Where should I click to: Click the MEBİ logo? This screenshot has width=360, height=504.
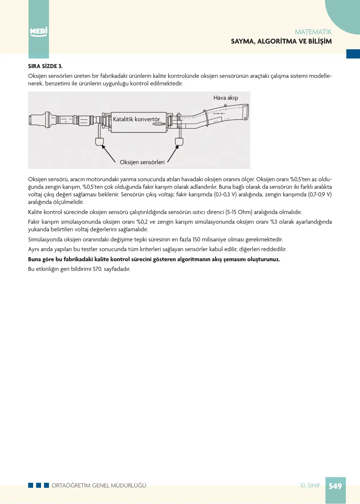[x=39, y=31]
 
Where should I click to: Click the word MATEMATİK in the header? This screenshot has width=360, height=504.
[x=313, y=32]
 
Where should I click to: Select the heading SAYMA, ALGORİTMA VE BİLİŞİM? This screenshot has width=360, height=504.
[x=281, y=41]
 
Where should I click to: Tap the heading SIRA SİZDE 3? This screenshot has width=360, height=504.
[x=45, y=66]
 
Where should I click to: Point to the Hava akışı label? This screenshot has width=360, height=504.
[x=225, y=98]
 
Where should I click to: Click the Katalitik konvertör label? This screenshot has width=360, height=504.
[x=136, y=119]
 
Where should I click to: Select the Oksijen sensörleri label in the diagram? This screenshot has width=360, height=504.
[x=142, y=162]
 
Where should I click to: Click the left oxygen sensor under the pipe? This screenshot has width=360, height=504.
[x=99, y=142]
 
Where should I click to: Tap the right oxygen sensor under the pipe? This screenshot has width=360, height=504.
[x=179, y=142]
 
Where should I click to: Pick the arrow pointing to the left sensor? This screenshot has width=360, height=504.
[x=109, y=153]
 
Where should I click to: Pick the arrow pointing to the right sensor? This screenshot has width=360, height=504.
[x=173, y=154]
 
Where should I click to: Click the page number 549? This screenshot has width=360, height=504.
[x=335, y=486]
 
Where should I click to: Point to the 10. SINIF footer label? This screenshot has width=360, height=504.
[x=310, y=486]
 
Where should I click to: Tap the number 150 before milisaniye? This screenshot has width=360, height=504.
[x=196, y=240]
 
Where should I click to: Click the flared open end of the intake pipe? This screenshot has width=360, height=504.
[x=245, y=112]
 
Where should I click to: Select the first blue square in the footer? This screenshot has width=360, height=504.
[x=31, y=485]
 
